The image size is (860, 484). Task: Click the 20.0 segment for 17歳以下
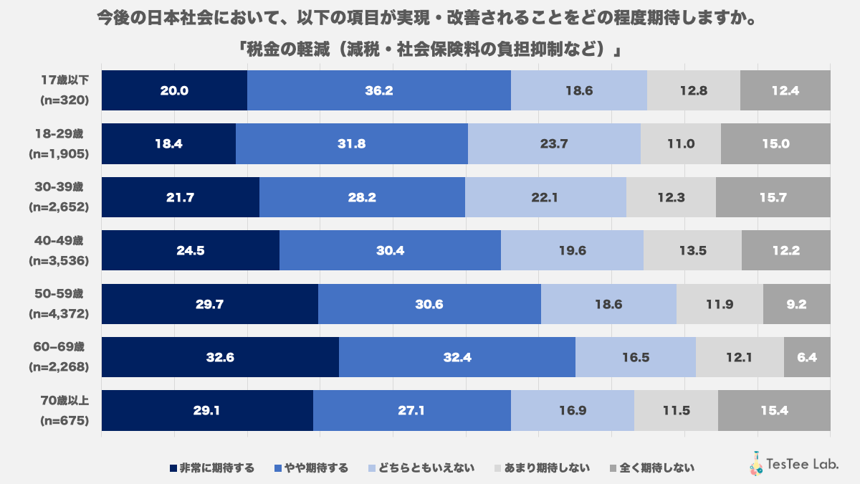click(174, 90)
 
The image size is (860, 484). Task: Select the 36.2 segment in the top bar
click(378, 90)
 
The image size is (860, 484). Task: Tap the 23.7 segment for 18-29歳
click(554, 143)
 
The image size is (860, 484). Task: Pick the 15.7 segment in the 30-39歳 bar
click(773, 197)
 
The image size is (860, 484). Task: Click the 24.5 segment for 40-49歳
click(191, 250)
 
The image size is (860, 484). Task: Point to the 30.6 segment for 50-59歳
click(429, 304)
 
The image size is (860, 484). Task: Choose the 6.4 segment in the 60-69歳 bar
click(807, 357)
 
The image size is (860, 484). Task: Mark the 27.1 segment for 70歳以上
click(412, 410)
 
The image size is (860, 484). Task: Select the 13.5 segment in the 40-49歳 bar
click(692, 250)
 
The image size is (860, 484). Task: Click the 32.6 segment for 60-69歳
click(220, 357)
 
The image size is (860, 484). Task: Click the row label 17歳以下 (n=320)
click(64, 90)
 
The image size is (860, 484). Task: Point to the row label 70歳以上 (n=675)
click(64, 410)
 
